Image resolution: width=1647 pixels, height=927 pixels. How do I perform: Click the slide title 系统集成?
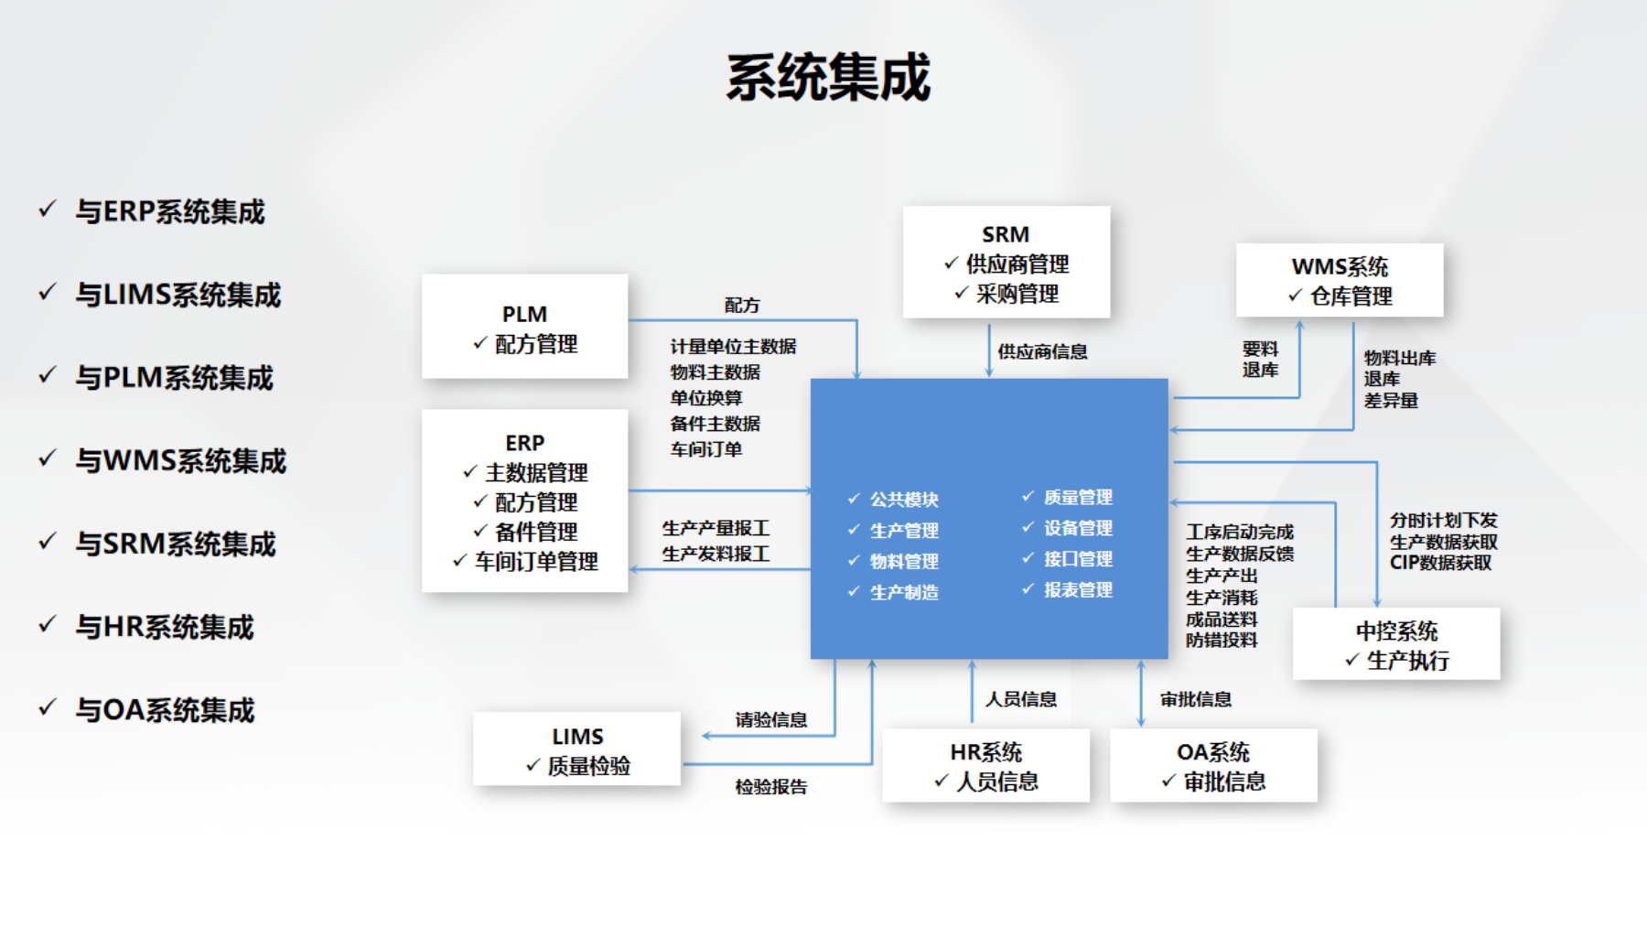pos(828,78)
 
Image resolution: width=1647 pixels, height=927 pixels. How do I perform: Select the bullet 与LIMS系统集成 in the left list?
pos(178,295)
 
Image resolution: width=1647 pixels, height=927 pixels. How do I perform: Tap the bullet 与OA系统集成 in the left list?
pos(165,710)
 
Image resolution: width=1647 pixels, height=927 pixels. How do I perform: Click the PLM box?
pos(524,327)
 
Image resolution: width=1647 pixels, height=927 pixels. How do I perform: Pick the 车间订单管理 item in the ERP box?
pos(535,562)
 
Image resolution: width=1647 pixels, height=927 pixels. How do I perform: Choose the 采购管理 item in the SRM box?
pos(1017,294)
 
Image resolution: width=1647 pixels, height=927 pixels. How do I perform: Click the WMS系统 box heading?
pos(1340,267)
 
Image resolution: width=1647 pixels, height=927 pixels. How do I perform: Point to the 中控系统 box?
pos(1396,643)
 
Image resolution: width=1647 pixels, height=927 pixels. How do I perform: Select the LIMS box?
pos(576,749)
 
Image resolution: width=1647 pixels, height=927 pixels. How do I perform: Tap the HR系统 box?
pos(985,765)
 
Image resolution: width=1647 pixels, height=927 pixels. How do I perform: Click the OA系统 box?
pos(1213,765)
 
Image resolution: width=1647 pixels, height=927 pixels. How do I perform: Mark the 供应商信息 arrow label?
pos(1042,351)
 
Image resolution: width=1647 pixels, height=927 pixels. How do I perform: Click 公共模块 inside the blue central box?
pos(904,500)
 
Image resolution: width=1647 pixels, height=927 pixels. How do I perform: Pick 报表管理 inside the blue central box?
pos(1078,590)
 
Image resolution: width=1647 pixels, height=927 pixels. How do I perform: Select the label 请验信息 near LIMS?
pos(771,720)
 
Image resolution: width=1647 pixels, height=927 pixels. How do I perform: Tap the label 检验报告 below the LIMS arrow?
pos(771,787)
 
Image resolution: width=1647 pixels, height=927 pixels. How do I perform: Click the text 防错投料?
pos(1222,641)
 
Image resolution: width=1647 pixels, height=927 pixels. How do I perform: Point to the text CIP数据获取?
pos(1440,563)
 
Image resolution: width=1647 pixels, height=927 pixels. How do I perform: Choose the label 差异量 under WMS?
pos(1391,401)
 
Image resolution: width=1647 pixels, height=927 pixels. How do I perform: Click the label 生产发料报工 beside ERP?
pos(716,555)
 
